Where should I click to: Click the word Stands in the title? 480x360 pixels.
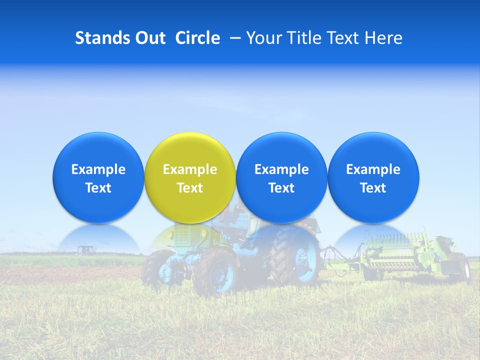point(102,38)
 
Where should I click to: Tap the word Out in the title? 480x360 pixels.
point(149,38)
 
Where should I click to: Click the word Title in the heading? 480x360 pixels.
point(303,38)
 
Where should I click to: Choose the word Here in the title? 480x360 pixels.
point(383,38)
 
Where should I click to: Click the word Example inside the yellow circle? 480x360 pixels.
point(190,169)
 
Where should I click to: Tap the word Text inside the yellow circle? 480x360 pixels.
point(190,188)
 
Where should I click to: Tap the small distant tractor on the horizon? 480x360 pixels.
point(85,249)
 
